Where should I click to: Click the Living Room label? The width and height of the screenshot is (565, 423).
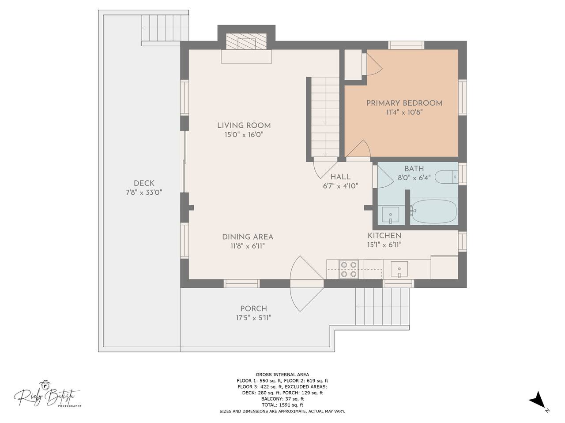tap(244, 126)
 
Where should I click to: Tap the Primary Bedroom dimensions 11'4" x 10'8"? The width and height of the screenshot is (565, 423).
tap(404, 112)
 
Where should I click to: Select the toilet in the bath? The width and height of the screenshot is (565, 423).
tap(446, 177)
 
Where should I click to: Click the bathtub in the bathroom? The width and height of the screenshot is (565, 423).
tap(434, 211)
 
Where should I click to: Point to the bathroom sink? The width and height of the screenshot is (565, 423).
tap(390, 215)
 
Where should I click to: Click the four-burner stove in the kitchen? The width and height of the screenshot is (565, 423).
tap(349, 269)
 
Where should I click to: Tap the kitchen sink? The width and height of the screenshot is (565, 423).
tap(399, 269)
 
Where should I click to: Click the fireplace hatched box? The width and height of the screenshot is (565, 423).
tap(246, 41)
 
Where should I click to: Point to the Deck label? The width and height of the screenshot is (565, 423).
tap(144, 183)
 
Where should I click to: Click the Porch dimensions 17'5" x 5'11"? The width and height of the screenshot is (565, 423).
tap(253, 318)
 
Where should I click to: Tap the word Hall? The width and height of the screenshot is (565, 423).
tap(340, 177)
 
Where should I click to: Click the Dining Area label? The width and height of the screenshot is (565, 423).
tap(248, 237)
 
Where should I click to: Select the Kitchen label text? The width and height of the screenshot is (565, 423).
tap(384, 235)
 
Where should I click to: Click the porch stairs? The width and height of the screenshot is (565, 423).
tap(383, 306)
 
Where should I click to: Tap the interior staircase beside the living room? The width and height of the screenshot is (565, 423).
tap(325, 117)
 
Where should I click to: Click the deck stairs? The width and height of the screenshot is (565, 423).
tap(165, 28)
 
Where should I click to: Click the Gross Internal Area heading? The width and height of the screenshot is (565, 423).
tap(282, 375)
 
